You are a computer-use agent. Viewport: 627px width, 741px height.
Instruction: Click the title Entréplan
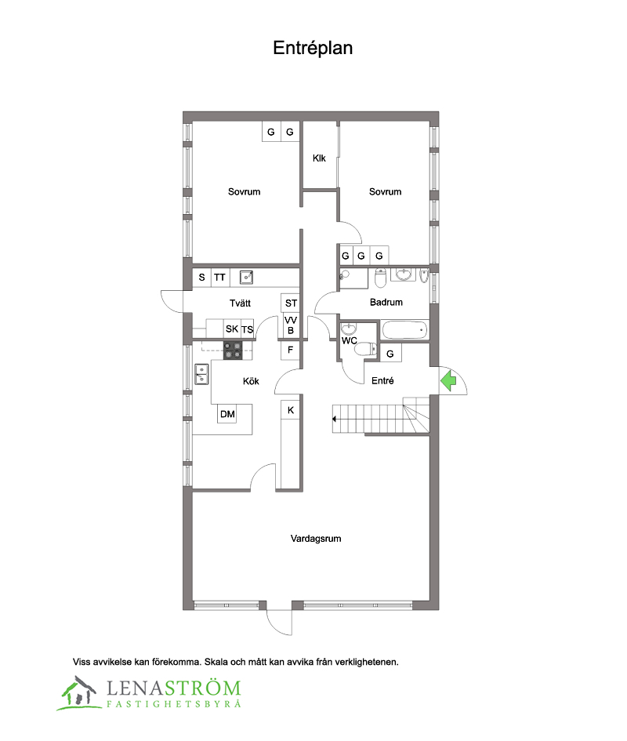(313, 48)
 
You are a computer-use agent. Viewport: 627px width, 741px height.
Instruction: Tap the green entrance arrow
(448, 380)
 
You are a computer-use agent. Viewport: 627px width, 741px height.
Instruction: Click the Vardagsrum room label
(316, 538)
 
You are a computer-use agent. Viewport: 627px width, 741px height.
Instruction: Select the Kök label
(251, 381)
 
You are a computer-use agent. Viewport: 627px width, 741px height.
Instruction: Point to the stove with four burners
(233, 351)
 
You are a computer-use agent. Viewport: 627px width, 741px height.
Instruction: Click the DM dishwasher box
(227, 414)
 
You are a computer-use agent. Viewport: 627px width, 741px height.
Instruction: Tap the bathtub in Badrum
(405, 330)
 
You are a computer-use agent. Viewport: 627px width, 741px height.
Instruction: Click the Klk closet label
(319, 158)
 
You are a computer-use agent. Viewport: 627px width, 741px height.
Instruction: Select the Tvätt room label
(240, 303)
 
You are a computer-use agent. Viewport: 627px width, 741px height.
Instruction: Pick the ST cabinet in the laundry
(291, 303)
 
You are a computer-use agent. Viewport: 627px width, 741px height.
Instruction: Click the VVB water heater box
(291, 325)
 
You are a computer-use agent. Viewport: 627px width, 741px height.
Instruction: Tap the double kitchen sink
(201, 374)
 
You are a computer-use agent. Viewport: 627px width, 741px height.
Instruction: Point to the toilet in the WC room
(365, 349)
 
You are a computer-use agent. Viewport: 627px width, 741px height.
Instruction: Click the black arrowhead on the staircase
(334, 419)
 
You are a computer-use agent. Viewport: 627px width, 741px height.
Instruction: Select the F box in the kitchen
(290, 351)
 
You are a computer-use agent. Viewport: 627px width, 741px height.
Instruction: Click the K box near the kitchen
(291, 410)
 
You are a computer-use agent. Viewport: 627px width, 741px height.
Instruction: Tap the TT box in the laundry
(219, 278)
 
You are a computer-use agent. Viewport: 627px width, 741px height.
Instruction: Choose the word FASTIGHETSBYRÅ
(174, 703)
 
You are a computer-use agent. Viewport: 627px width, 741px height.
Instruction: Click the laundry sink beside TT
(246, 277)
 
